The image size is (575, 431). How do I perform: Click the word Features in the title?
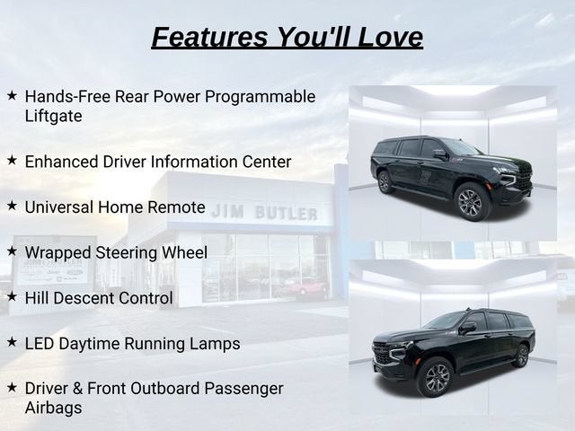209,37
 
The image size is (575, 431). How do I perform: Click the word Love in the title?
390,37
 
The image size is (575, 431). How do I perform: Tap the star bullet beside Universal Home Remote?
12,206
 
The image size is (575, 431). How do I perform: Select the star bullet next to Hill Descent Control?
12,296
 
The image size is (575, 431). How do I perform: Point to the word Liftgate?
54,117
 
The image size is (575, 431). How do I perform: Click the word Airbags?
54,408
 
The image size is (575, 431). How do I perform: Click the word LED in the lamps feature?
40,344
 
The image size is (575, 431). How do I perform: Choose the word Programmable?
260,97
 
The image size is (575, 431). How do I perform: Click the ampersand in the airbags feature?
78,389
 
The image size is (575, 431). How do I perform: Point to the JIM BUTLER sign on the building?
264,213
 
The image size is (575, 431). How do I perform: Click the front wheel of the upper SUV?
470,202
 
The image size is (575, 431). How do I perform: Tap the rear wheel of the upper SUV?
384,182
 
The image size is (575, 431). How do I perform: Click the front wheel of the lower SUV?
437,377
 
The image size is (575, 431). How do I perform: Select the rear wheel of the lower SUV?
522,356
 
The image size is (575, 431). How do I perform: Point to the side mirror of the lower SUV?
467,327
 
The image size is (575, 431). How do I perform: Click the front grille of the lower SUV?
382,354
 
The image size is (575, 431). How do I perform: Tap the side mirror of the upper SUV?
440,154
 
